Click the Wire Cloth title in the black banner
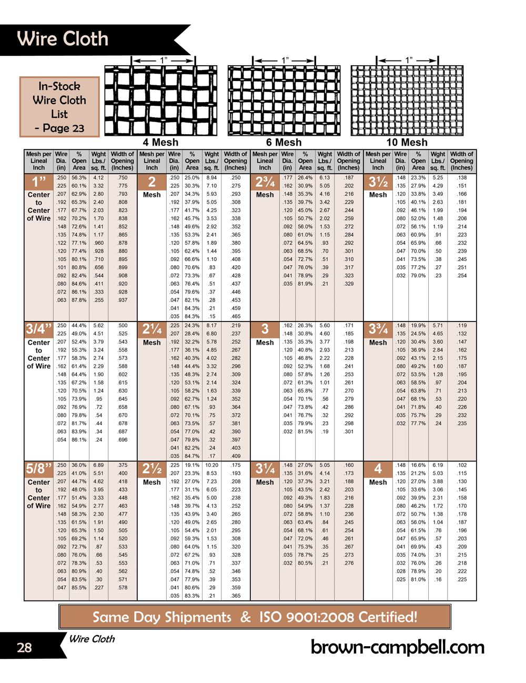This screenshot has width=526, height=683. pos(63,39)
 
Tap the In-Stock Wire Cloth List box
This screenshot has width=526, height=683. pos(59,107)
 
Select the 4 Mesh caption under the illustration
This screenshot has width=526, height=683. pos(160,142)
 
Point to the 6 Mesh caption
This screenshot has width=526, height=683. pos(284,142)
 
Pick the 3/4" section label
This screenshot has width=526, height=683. pos(39,329)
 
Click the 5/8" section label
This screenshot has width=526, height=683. pos(39,468)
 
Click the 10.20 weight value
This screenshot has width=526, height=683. pos(211,465)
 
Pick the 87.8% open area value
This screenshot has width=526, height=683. pos(79,300)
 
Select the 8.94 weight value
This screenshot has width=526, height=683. pos(211,178)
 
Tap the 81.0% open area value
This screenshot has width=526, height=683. pos(418,579)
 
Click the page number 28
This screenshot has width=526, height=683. pos(24,647)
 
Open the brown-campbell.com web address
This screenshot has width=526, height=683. pos(398,647)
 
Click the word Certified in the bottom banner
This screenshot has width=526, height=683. pos(378,617)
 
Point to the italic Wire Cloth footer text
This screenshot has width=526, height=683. pos(92,639)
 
